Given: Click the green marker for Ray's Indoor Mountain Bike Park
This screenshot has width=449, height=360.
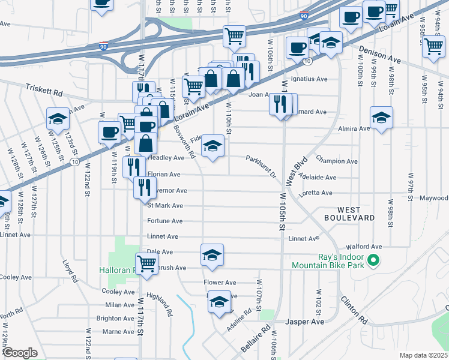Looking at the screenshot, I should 373,260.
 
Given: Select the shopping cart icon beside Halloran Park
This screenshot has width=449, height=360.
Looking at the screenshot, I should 146,263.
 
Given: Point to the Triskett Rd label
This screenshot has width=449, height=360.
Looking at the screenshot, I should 44,90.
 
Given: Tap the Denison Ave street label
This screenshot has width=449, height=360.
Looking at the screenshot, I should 380,56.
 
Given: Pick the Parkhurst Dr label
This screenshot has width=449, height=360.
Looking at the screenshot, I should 260,166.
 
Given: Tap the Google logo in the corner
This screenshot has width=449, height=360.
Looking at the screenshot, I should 20,352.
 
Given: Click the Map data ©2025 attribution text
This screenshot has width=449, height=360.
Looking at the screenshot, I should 423,355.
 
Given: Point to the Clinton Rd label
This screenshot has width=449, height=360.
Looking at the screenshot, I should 354,310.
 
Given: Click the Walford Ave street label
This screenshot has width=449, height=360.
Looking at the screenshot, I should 368,247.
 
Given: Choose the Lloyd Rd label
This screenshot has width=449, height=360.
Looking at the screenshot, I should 70,271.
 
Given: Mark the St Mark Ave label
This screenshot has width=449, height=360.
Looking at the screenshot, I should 165,205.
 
